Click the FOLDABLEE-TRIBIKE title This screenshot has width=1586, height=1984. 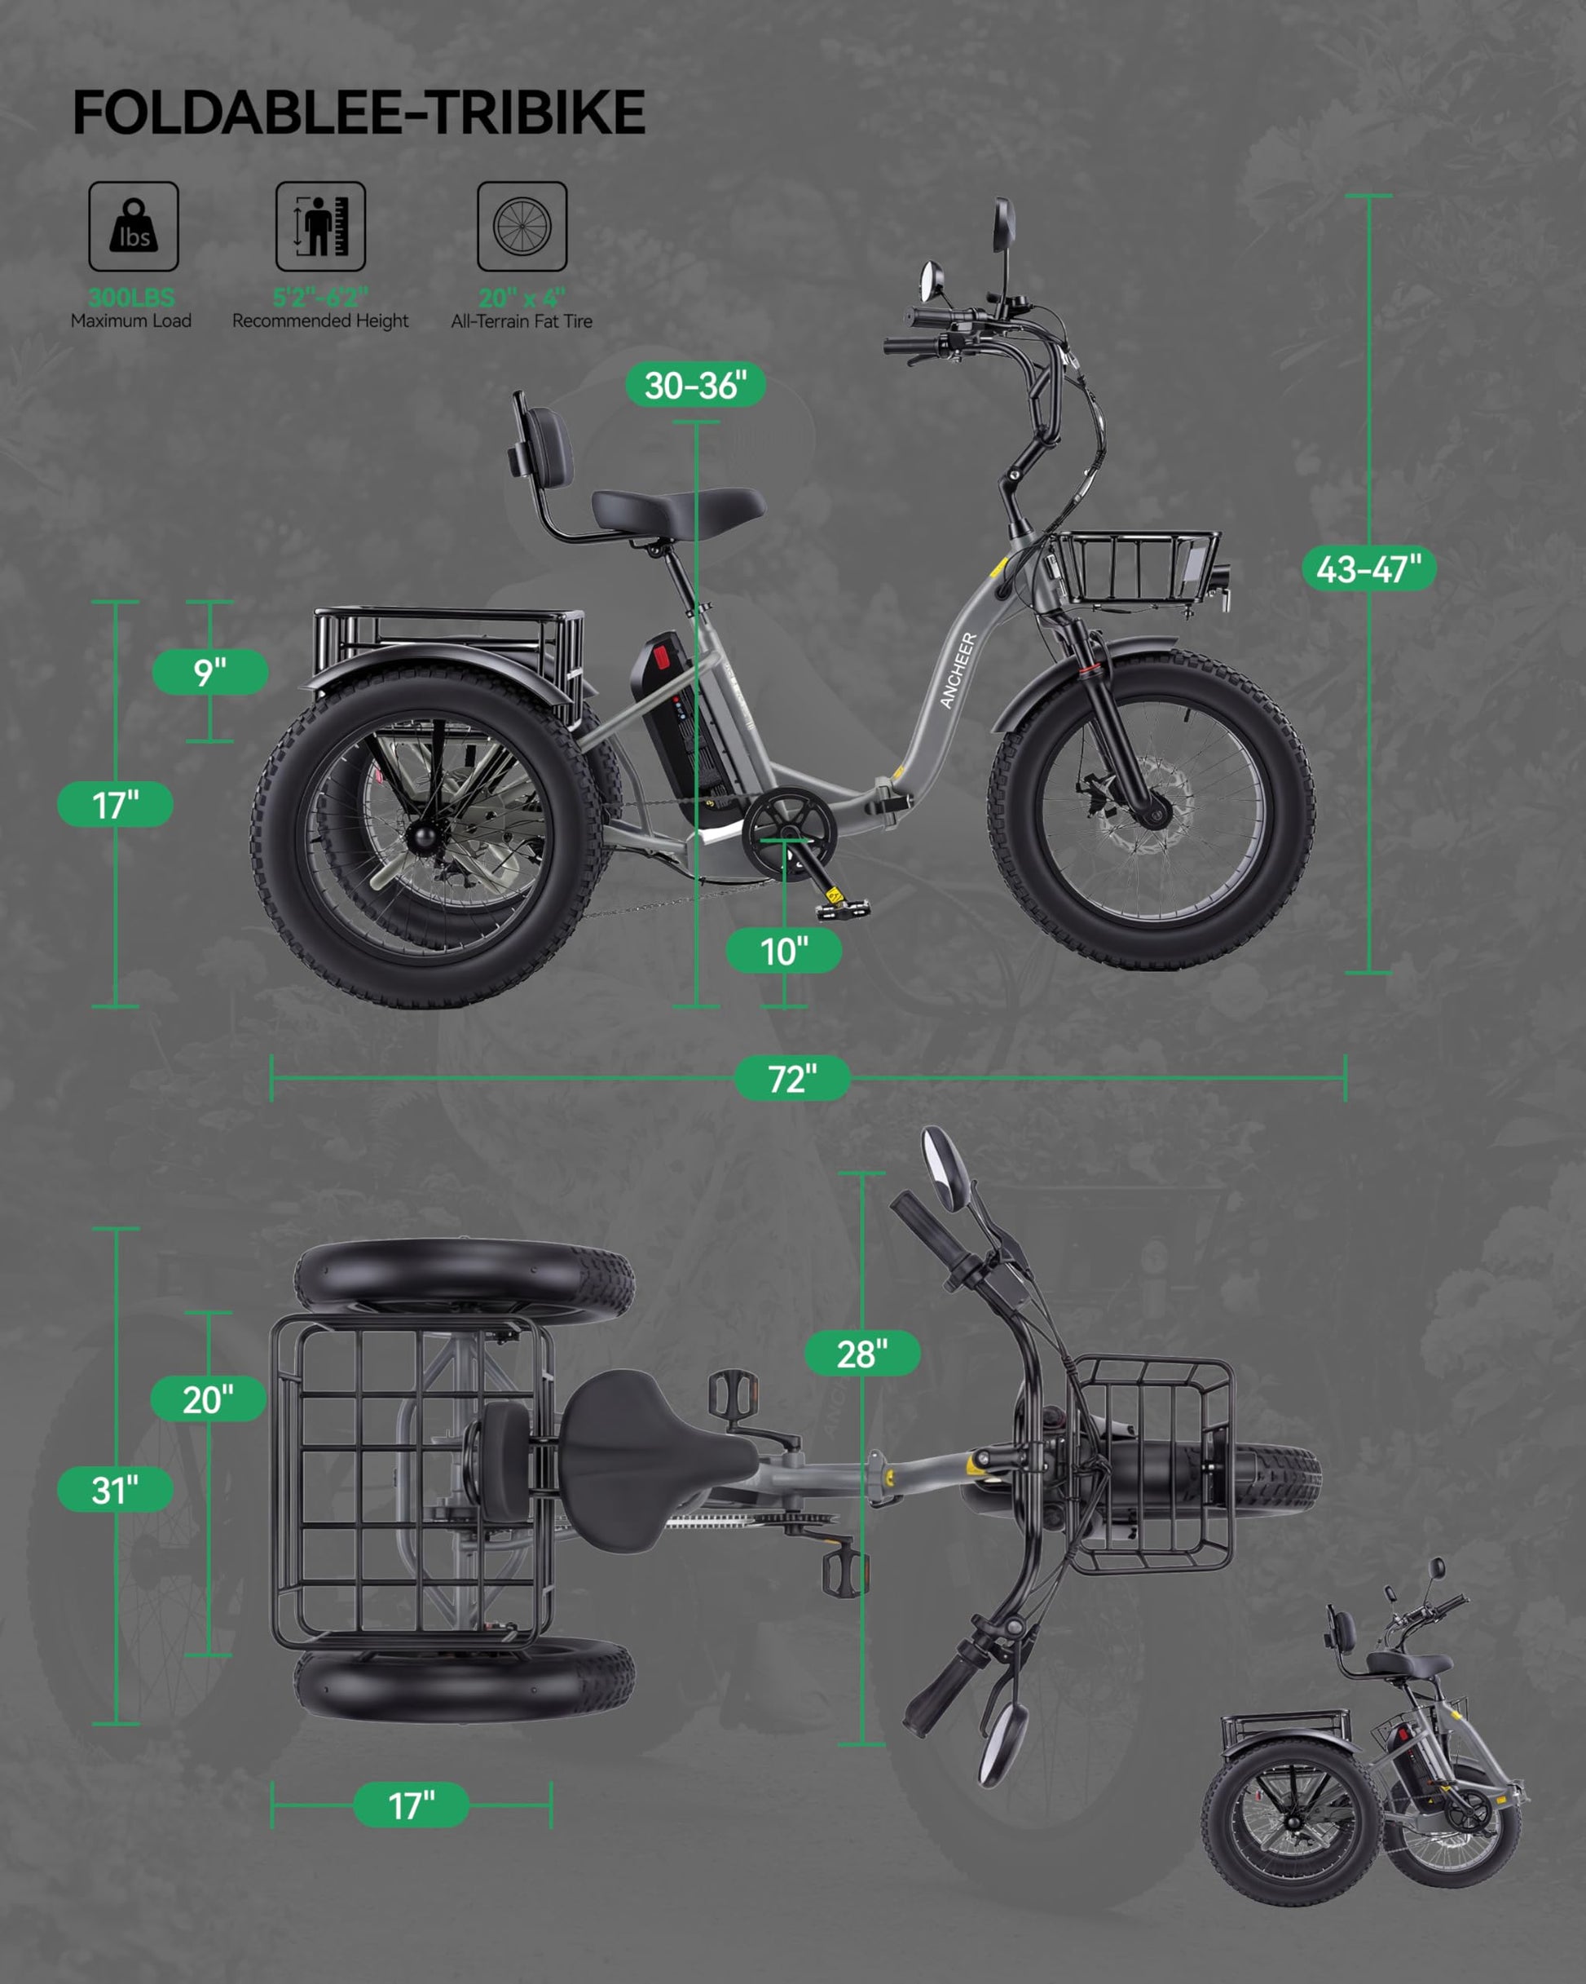[x=359, y=113]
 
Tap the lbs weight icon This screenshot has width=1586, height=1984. [x=134, y=227]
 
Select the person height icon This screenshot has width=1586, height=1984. [x=320, y=227]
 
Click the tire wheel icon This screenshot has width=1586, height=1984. [x=522, y=227]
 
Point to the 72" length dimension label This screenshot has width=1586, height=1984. [x=792, y=1079]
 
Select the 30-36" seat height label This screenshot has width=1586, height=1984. [x=695, y=385]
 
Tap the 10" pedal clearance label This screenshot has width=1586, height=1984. [x=784, y=951]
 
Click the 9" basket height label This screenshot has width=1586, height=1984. [x=209, y=672]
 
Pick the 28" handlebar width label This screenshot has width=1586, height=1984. [x=862, y=1353]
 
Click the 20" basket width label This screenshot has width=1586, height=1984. [x=208, y=1399]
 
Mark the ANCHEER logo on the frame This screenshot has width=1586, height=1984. [x=958, y=670]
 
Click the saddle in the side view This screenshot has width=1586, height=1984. [x=677, y=511]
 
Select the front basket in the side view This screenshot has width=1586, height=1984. [x=1137, y=567]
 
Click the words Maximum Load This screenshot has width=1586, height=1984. [x=131, y=321]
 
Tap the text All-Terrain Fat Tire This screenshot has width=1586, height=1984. [x=522, y=321]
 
